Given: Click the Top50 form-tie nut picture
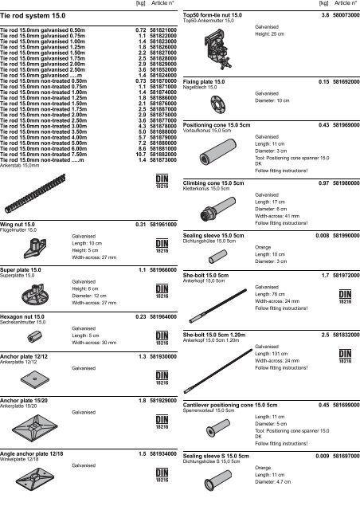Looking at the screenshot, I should coord(211,49).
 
